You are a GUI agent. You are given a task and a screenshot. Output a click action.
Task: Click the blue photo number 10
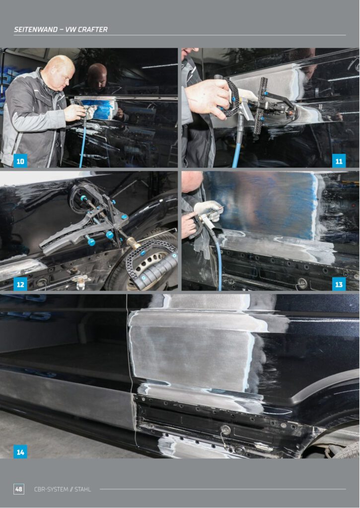[x=20, y=161]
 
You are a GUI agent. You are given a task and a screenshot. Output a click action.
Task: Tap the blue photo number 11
[x=339, y=161]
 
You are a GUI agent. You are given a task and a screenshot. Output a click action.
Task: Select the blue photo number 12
[x=20, y=284]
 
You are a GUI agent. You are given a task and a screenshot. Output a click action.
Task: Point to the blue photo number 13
[x=339, y=284]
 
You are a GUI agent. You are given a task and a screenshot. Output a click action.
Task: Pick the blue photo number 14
[x=20, y=451]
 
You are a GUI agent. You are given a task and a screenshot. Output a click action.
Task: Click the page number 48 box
[x=19, y=489]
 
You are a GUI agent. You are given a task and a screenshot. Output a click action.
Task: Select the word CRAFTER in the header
[x=93, y=29]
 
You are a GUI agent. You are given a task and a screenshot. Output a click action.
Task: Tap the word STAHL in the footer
[x=83, y=489]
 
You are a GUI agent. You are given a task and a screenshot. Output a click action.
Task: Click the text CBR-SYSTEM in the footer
[x=51, y=489]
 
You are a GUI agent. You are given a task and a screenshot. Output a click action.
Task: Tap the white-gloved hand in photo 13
[x=209, y=210]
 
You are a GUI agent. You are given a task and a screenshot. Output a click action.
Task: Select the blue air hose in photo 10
[x=83, y=142]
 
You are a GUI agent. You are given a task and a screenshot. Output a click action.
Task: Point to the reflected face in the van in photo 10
[x=98, y=76]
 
